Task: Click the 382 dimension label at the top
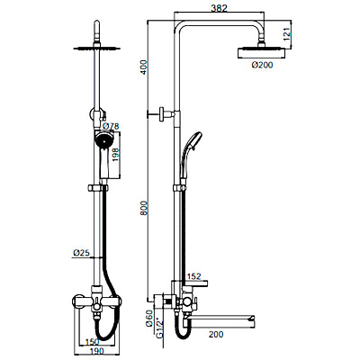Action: (220, 8)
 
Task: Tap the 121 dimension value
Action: (286, 34)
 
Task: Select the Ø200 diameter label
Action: (263, 65)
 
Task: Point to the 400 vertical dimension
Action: (144, 67)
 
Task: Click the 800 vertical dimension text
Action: (144, 208)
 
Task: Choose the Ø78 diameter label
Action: (111, 126)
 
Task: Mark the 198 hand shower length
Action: (116, 155)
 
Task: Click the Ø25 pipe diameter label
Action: (81, 253)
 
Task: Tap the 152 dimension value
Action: (193, 276)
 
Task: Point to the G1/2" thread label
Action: (160, 328)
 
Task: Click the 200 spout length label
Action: (216, 334)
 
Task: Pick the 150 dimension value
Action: (92, 342)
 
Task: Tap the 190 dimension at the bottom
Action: (96, 351)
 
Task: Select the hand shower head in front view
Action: (103, 140)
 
